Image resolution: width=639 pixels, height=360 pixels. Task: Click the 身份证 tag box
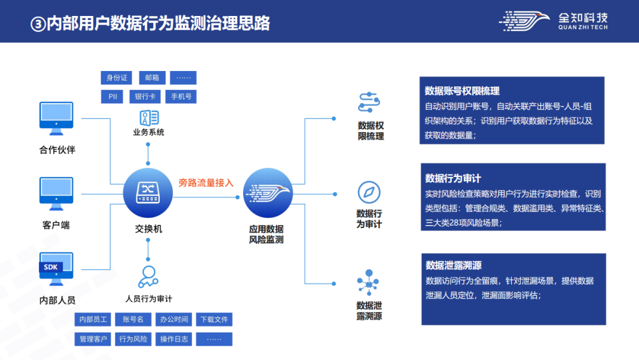click(117, 78)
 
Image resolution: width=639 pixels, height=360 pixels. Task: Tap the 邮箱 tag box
click(152, 78)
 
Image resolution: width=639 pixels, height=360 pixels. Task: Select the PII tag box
click(112, 97)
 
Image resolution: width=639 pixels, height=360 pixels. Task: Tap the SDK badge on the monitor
click(51, 267)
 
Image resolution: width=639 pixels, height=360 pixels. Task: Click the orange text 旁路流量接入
click(206, 183)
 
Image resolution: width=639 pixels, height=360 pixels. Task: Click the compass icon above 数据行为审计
click(369, 192)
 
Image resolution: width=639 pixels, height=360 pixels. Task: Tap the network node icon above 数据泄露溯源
click(369, 283)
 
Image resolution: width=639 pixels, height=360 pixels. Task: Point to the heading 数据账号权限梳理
click(462, 91)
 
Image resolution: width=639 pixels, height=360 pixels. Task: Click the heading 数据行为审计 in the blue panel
click(453, 178)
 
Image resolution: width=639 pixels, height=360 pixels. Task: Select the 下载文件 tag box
click(214, 319)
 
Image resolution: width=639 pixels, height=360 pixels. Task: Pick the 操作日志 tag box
click(174, 339)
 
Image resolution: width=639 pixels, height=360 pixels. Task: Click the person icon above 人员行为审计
click(148, 276)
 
